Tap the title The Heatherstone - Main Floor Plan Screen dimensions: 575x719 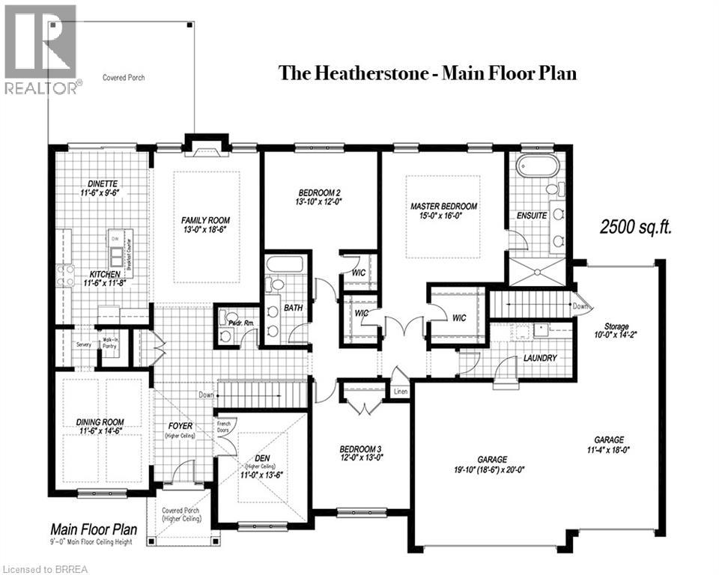click(x=428, y=73)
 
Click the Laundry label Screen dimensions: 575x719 click(x=540, y=358)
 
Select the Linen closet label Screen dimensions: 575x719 click(x=400, y=392)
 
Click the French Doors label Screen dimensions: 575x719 click(x=228, y=428)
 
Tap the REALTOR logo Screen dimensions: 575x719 click(x=40, y=49)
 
